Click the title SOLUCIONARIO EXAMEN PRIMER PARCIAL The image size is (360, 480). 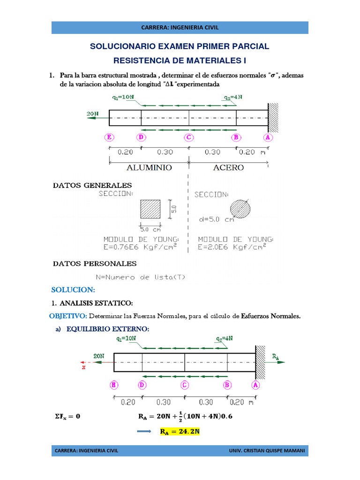(180, 46)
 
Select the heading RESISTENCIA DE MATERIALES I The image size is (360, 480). (180, 61)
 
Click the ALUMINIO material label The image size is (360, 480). (149, 167)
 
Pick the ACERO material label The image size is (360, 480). (228, 167)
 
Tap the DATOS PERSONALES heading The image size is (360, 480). (95, 263)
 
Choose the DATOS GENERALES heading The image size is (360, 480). (92, 186)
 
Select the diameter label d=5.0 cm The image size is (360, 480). (216, 219)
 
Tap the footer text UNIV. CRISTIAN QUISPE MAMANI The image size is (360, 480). (267, 451)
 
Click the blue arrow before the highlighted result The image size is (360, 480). (145, 432)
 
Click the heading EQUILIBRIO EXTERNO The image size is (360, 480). (108, 329)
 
